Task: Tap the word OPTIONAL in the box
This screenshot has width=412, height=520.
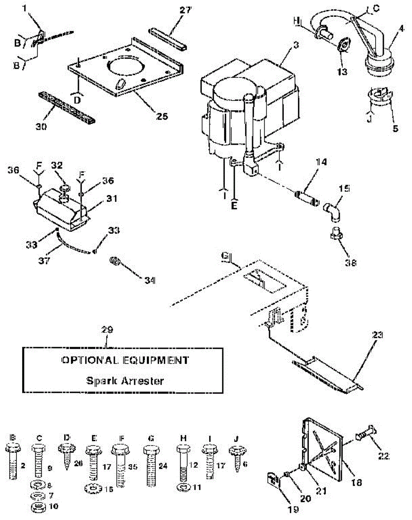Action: pyautogui.click(x=88, y=360)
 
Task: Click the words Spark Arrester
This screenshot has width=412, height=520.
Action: pyautogui.click(x=125, y=381)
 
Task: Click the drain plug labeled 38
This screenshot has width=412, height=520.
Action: pyautogui.click(x=337, y=234)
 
